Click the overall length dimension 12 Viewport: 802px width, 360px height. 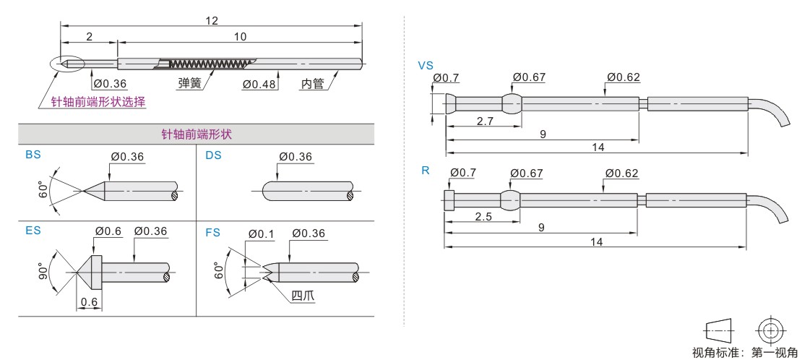(x=212, y=20)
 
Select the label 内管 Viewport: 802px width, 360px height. (x=312, y=83)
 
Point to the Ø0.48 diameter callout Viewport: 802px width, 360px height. (x=259, y=83)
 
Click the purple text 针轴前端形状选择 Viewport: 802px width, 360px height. (x=98, y=102)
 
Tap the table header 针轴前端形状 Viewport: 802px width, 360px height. (x=197, y=134)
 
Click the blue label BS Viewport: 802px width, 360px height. (x=33, y=155)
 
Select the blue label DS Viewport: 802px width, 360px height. (x=213, y=155)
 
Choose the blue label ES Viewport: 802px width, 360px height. (x=33, y=231)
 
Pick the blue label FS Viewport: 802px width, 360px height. (x=212, y=233)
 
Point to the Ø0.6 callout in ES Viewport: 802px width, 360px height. (x=108, y=231)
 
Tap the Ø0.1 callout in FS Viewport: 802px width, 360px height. (x=262, y=234)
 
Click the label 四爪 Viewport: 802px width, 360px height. (x=303, y=296)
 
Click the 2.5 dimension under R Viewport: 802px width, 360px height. (x=483, y=217)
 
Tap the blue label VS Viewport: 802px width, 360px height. (x=426, y=66)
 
